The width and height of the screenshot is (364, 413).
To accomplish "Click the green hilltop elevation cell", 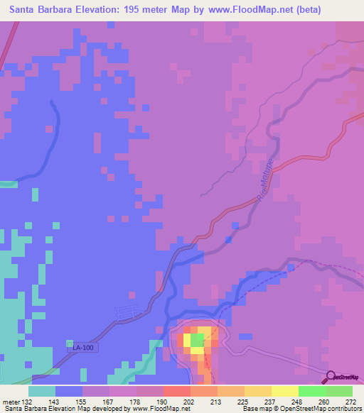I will [x=197, y=341].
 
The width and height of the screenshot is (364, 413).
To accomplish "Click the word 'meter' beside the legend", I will [x=11, y=402].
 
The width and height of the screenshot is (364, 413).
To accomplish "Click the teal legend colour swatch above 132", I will [x=43, y=391].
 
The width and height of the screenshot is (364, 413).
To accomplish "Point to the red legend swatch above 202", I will [x=177, y=391].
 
